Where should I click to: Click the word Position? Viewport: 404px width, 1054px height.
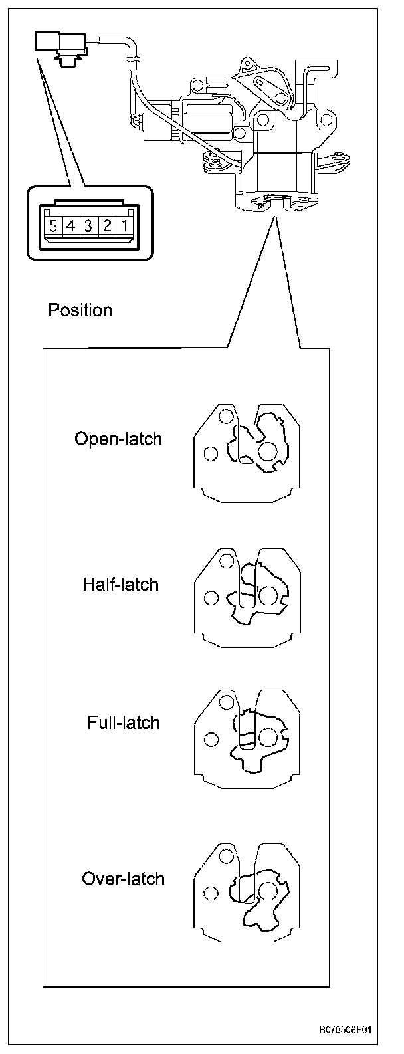[x=80, y=310]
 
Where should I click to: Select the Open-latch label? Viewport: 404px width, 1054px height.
[x=118, y=439]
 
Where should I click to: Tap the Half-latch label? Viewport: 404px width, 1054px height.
[x=121, y=585]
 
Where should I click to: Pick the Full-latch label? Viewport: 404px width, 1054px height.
[x=124, y=723]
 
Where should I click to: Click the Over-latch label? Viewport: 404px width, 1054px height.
[x=123, y=879]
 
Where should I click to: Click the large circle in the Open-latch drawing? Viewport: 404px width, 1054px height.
[x=268, y=452]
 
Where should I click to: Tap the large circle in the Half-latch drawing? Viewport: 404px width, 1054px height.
[x=268, y=595]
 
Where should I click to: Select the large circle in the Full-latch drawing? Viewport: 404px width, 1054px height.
[x=268, y=737]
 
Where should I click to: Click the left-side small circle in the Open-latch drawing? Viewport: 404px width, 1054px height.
[x=211, y=453]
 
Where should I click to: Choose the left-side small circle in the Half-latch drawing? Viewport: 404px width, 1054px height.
[x=211, y=597]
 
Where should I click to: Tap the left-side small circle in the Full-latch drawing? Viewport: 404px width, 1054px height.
[x=211, y=738]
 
